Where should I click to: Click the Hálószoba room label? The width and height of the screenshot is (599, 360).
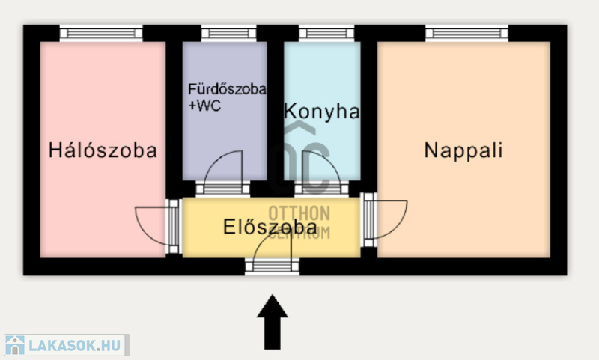[x=103, y=150]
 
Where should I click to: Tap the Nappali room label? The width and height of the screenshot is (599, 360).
[x=463, y=150]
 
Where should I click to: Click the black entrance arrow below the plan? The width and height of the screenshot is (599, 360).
[x=273, y=321]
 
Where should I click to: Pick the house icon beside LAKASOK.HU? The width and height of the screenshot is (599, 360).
[x=14, y=345]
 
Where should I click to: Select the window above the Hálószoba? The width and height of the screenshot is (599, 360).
[x=100, y=33]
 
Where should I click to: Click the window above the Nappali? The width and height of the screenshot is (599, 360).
[x=466, y=33]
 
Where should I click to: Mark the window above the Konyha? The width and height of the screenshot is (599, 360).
[x=326, y=33]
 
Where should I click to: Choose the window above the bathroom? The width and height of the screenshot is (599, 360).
[x=228, y=33]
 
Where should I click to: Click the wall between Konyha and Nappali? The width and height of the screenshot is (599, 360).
[x=368, y=112]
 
